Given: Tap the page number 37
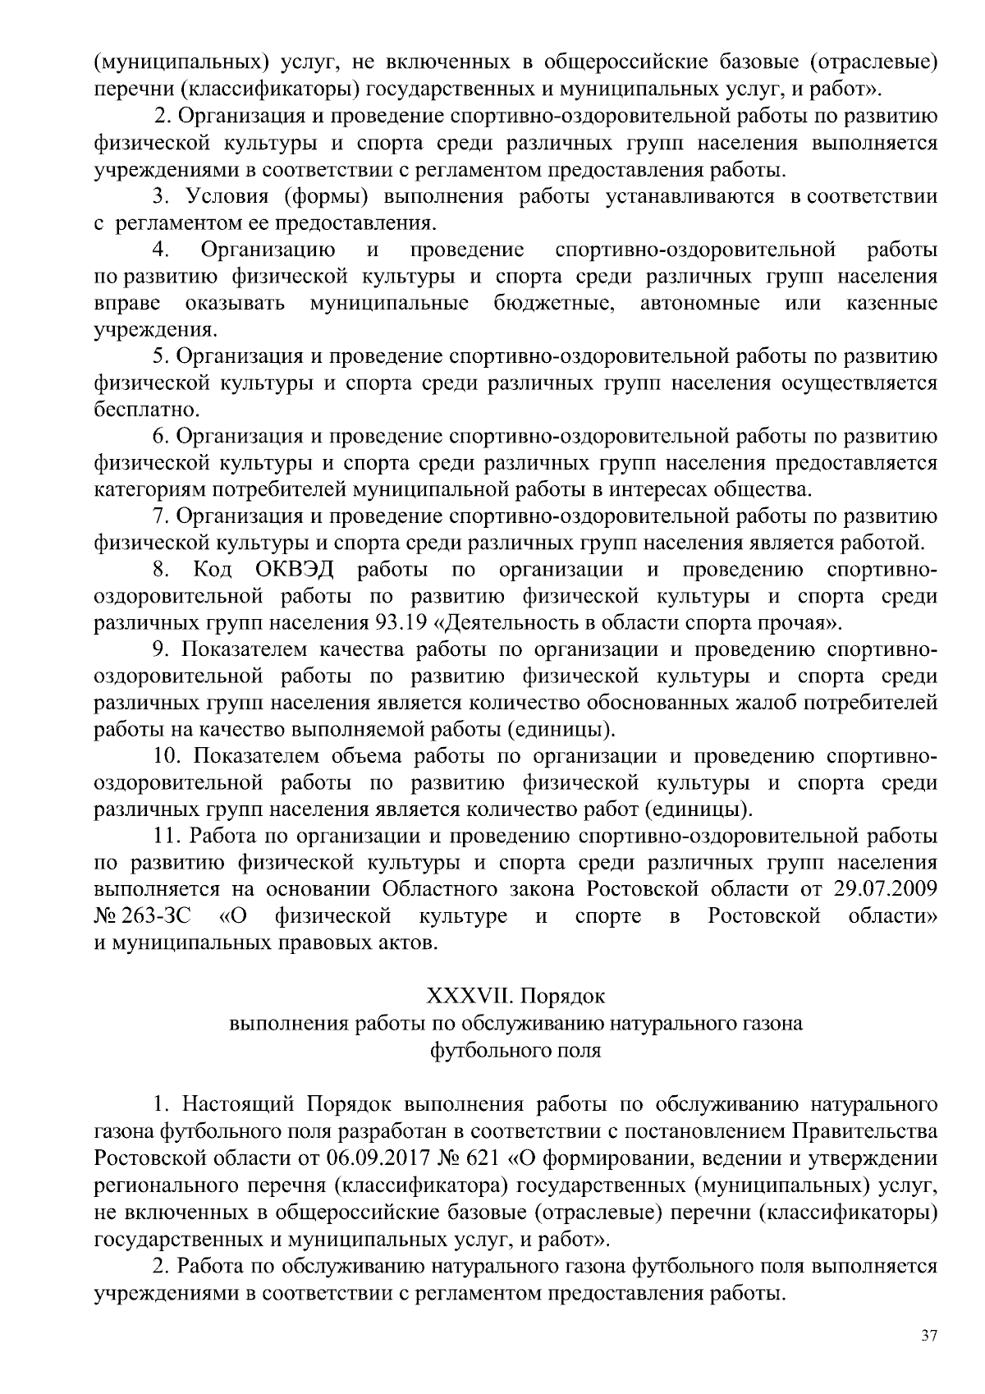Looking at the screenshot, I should tap(928, 1336).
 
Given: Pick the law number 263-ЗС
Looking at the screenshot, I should tap(159, 916).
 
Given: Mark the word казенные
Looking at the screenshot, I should tap(891, 303).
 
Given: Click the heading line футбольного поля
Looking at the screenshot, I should tap(515, 1050).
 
